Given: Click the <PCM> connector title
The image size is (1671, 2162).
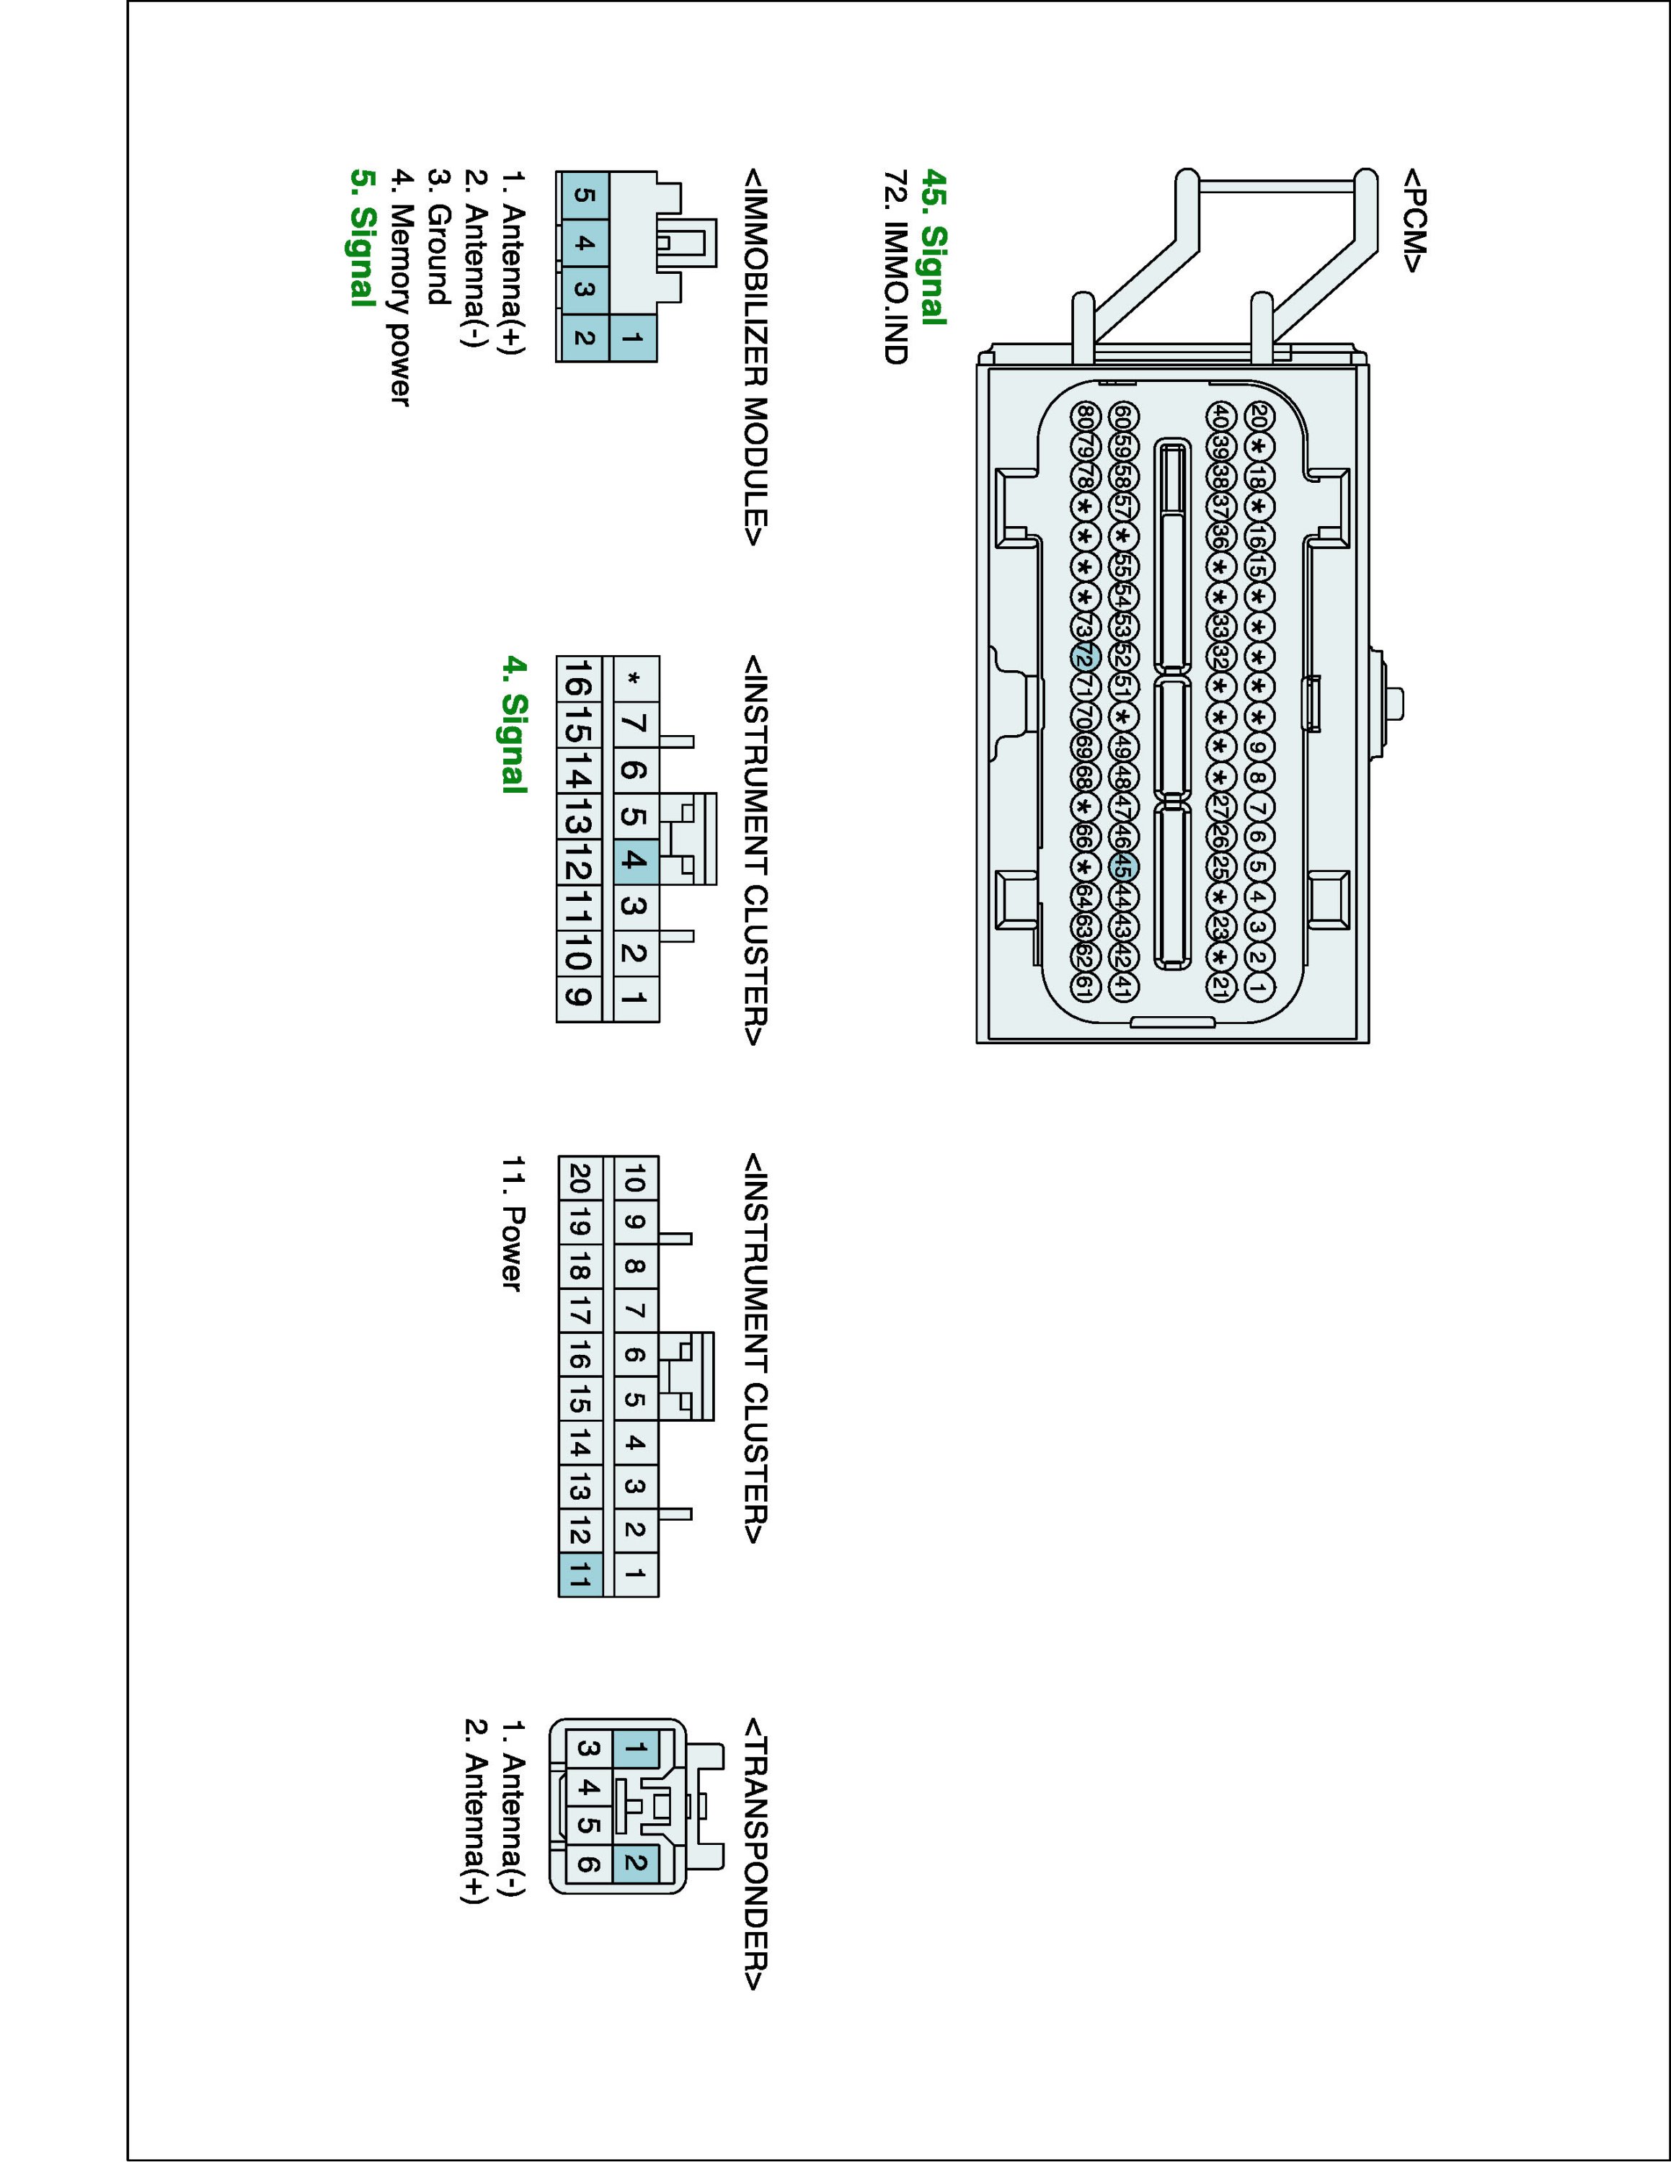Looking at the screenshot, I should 1413,220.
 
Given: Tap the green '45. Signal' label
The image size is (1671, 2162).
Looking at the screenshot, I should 934,246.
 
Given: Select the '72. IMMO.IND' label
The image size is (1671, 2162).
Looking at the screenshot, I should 896,267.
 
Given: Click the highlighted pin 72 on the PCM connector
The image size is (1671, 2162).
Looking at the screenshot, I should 1084,657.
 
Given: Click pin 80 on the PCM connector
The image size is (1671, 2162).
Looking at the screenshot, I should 1086,416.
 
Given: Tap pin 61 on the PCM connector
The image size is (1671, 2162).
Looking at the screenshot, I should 1085,986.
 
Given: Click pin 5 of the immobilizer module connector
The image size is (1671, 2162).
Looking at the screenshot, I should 583,195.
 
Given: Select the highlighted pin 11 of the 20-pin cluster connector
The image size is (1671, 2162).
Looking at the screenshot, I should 581,1573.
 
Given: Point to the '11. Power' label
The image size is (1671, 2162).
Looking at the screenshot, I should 512,1222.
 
